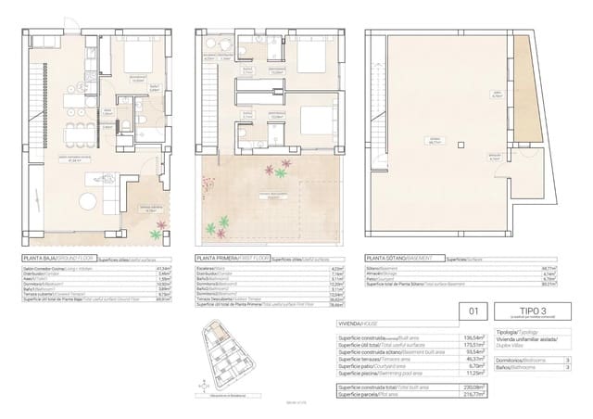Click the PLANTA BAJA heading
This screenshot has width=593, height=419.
[x=42, y=260]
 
